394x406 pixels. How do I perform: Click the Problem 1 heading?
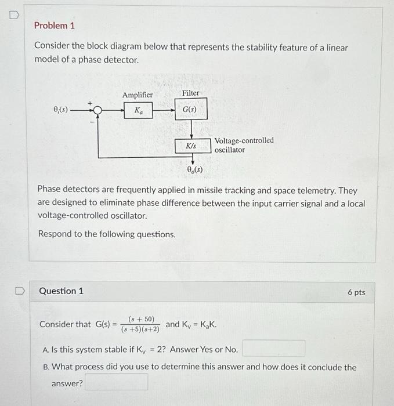point(55,26)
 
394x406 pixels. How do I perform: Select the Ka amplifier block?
point(138,110)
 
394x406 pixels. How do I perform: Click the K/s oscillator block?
point(191,146)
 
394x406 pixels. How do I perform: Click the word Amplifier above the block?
point(138,95)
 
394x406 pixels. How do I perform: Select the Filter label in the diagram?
point(190,93)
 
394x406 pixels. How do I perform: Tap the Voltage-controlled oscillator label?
point(244,145)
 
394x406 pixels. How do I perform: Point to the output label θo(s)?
point(194,169)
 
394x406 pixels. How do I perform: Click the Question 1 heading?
point(61,291)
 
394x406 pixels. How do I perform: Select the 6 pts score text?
point(356,292)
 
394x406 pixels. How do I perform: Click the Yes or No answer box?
point(274,349)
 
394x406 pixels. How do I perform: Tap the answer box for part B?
point(116,382)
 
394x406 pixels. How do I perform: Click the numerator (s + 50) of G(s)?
point(141,319)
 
